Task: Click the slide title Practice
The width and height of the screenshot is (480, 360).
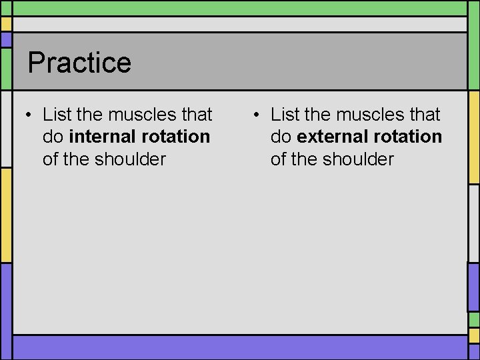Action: [x=79, y=63]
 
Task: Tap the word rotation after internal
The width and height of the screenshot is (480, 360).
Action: [x=176, y=137]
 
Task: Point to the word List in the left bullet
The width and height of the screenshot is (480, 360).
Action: [x=58, y=115]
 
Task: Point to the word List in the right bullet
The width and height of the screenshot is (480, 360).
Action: [x=286, y=115]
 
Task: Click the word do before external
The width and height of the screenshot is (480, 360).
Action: [x=281, y=137]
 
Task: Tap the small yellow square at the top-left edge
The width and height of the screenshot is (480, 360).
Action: [x=5, y=24]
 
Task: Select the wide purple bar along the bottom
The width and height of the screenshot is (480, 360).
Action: [x=240, y=347]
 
